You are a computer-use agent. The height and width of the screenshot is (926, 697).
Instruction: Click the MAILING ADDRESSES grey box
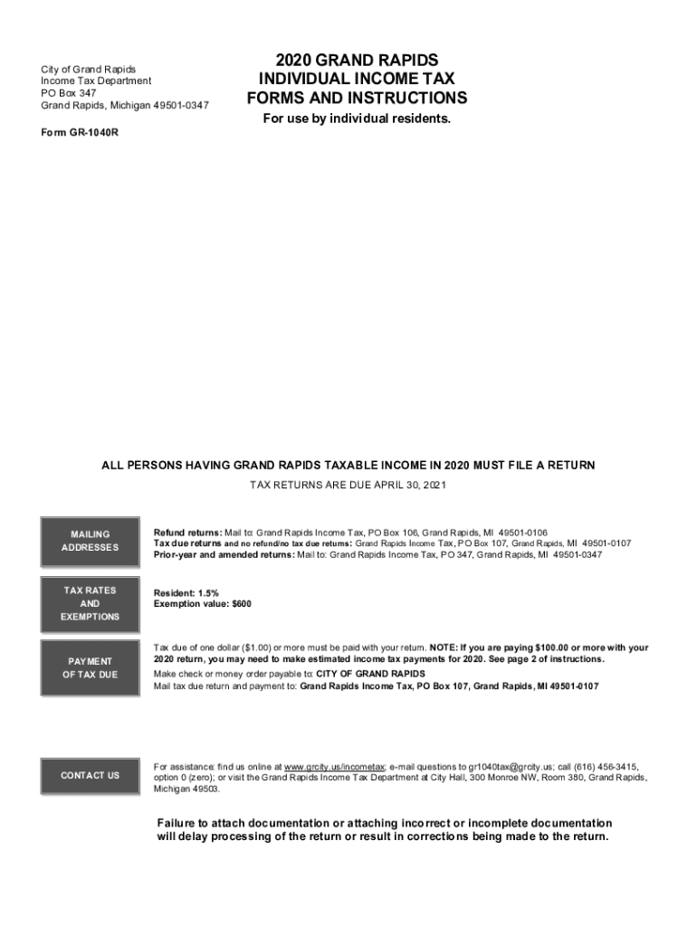pyautogui.click(x=90, y=541)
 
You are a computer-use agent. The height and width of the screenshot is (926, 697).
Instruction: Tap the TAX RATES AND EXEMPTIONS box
pyautogui.click(x=90, y=603)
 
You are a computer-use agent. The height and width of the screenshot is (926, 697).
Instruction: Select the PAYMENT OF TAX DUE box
pyautogui.click(x=90, y=667)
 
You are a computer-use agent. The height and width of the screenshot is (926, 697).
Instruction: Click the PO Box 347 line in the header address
pyautogui.click(x=68, y=93)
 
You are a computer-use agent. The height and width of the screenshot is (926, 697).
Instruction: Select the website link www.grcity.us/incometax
pyautogui.click(x=336, y=766)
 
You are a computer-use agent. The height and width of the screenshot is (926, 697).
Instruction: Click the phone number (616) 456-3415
pyautogui.click(x=593, y=766)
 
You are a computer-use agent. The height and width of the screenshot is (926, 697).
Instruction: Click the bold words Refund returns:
pyautogui.click(x=188, y=533)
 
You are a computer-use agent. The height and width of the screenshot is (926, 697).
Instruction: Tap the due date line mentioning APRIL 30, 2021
pyautogui.click(x=348, y=486)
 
